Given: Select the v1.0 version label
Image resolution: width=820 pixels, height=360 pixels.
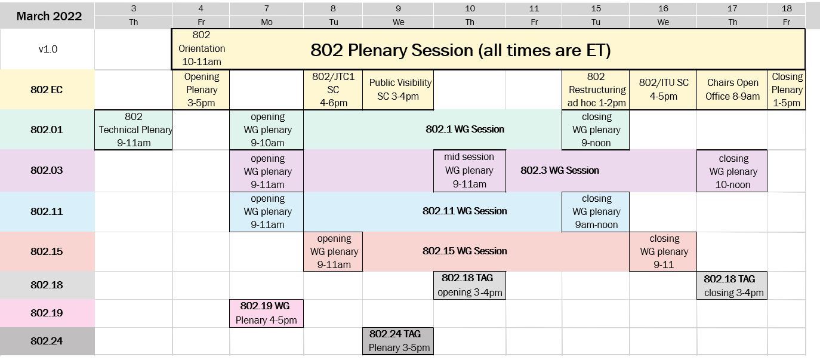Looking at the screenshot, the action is pos(48,49).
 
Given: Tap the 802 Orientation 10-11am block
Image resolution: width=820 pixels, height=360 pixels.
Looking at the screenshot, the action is pos(201,49).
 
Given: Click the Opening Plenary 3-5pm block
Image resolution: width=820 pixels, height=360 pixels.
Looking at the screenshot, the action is pos(201,90).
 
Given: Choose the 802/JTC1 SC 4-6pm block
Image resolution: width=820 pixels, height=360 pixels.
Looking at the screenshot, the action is pos(333,90).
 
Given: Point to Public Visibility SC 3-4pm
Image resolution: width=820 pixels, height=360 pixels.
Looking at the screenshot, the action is pos(398,90).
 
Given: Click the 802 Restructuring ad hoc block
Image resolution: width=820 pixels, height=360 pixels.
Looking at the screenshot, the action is pos(596,90).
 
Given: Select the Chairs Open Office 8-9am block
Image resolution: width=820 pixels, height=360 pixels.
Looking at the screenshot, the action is pos(732,90).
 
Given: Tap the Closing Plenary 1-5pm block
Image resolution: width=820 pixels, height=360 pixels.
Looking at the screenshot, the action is pos(787,90).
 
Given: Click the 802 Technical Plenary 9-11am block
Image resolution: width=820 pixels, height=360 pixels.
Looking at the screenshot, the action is pos(133,130).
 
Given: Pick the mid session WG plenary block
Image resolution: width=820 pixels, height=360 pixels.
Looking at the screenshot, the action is pos(470,171).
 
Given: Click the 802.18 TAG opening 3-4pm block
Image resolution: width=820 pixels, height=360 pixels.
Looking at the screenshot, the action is pos(470,285).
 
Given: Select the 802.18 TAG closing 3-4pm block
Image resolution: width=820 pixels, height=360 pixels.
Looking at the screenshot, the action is pos(732,285).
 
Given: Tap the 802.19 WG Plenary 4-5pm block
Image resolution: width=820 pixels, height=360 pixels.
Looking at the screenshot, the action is pos(267,313).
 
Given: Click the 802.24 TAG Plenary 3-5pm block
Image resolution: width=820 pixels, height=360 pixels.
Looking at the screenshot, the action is pos(398,341).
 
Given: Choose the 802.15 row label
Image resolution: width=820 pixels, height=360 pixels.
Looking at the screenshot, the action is pos(47,251).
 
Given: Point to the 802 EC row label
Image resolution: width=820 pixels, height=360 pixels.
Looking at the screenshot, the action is pos(47,90).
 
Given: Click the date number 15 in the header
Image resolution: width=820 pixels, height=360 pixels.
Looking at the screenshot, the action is pos(596,8).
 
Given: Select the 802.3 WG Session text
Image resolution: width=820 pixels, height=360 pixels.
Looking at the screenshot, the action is pos(560,170).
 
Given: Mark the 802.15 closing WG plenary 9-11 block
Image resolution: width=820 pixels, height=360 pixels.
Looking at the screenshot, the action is pos(663,251).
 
